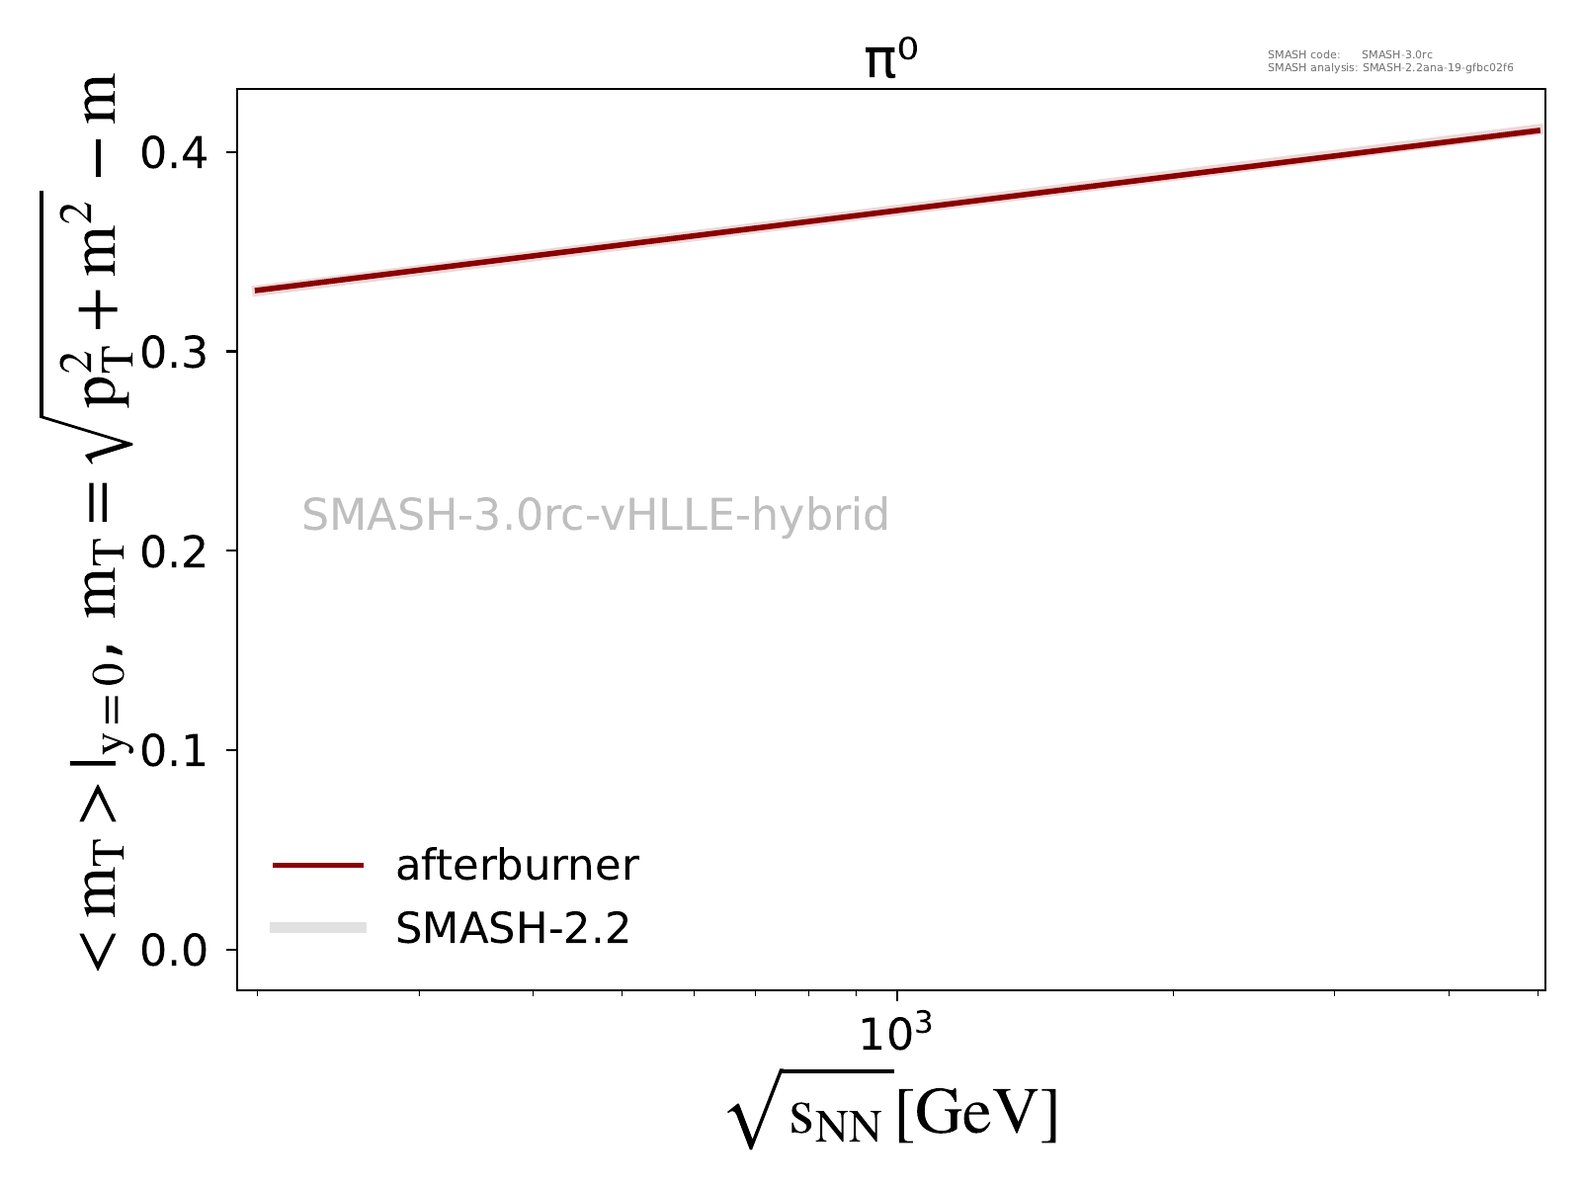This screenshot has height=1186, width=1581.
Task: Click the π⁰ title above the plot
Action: tap(891, 61)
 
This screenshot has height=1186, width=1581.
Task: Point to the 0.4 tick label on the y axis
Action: tap(174, 153)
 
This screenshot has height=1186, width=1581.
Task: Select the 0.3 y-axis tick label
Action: tap(174, 353)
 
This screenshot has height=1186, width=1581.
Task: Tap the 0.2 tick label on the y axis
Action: tap(174, 551)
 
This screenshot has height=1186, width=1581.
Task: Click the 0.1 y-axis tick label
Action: tap(174, 751)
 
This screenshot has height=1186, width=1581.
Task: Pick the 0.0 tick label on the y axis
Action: tap(174, 951)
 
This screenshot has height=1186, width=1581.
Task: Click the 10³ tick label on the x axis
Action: tap(895, 1034)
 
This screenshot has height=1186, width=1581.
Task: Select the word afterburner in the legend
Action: tap(517, 866)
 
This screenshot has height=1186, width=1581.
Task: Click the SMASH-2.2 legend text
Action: tap(512, 928)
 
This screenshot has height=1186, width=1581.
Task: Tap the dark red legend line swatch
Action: tap(318, 866)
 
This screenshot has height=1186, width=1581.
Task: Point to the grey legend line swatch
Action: tap(318, 927)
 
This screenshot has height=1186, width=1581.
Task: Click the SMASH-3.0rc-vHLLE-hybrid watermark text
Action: tap(595, 516)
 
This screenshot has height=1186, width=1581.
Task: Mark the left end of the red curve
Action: tap(256, 291)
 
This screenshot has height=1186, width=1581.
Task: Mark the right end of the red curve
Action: tap(1539, 130)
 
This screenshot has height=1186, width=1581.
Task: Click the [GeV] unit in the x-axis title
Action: tap(977, 1115)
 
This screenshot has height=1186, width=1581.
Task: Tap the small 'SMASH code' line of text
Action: tap(1350, 54)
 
